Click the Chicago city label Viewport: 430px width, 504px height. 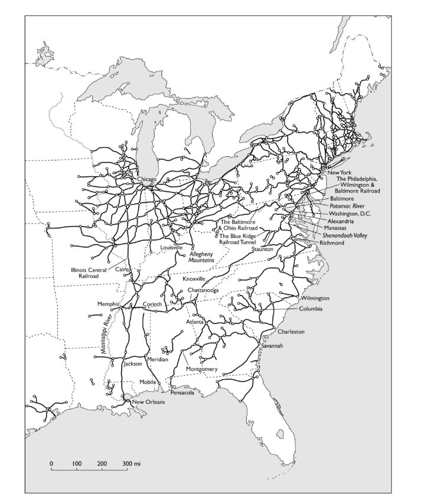[x=146, y=179]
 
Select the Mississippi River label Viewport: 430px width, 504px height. [x=107, y=335]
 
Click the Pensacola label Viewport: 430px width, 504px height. [x=182, y=392]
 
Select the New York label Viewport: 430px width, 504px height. [x=338, y=172]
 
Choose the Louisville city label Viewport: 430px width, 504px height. [x=171, y=248]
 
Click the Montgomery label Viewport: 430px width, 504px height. [x=202, y=369]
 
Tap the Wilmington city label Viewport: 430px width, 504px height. [x=315, y=299]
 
